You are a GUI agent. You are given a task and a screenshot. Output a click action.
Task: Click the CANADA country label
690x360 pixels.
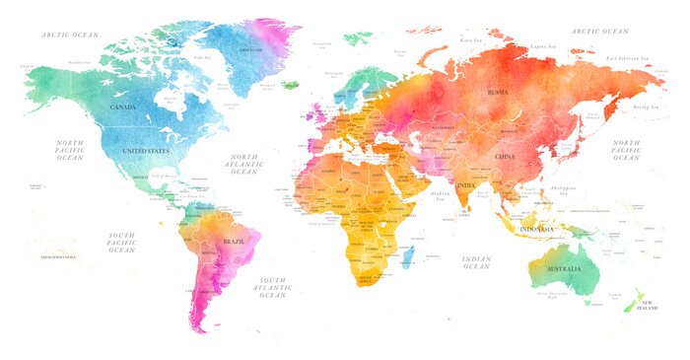point(123,107)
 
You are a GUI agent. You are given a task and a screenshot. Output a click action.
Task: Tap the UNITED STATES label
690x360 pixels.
point(145,152)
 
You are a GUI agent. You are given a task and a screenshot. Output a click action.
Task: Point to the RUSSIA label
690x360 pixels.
point(498,93)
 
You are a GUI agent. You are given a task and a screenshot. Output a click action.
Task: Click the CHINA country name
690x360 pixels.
point(504,157)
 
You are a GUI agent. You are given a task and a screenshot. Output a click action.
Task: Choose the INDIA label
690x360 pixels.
point(466,183)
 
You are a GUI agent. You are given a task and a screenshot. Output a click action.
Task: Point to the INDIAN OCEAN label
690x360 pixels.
point(476,262)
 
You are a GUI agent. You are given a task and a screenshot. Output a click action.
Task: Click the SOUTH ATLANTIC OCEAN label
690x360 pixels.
point(273,287)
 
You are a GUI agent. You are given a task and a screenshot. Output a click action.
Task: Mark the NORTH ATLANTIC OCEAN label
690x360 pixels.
point(243,165)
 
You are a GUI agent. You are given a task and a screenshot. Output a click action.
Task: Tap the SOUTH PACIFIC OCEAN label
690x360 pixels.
point(121,243)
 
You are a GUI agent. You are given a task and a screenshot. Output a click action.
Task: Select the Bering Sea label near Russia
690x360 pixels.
point(645,106)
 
